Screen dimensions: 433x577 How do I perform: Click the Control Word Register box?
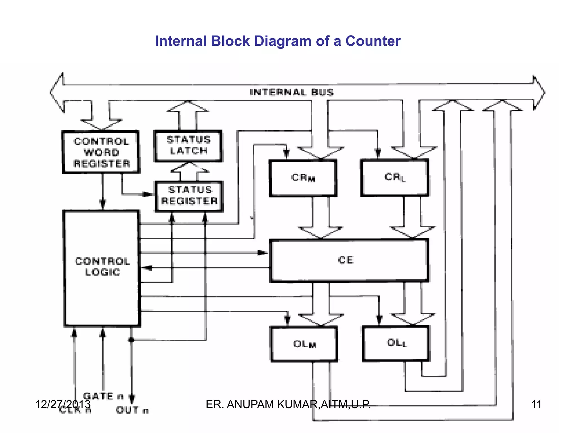tap(101, 152)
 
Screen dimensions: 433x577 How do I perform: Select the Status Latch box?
tap(188, 146)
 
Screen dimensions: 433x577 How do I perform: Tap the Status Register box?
tap(189, 196)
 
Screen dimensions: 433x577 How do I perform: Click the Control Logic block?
tap(102, 268)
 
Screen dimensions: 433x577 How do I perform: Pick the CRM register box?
tap(303, 178)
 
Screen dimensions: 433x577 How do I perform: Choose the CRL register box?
tap(395, 177)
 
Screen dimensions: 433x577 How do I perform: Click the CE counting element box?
tap(349, 260)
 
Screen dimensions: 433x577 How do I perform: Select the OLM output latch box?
tap(304, 344)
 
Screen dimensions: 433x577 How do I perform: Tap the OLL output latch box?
tap(396, 343)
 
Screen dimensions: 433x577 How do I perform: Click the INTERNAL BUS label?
tap(291, 92)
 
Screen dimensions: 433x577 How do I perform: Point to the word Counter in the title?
tap(373, 41)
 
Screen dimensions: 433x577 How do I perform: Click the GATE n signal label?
tap(103, 396)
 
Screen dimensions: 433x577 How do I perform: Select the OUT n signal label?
tap(132, 410)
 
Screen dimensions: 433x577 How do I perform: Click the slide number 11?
tap(536, 404)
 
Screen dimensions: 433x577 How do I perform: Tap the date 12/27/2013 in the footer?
tap(63, 404)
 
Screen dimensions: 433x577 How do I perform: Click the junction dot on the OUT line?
tap(131, 340)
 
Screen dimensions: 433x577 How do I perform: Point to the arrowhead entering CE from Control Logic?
tap(263, 253)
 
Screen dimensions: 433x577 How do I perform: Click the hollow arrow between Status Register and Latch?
tap(189, 171)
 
